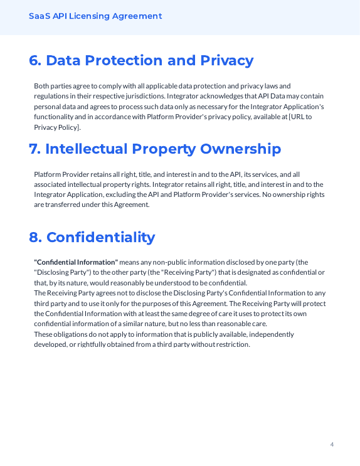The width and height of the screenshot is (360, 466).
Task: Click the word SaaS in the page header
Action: pyautogui.click(x=40, y=16)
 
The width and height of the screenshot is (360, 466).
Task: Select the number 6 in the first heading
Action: pyautogui.click(x=34, y=61)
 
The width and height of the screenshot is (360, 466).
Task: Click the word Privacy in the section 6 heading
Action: pyautogui.click(x=226, y=61)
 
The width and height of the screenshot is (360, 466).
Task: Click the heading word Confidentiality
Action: pyautogui.click(x=100, y=238)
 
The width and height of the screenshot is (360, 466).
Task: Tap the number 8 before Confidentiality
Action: pyautogui.click(x=34, y=238)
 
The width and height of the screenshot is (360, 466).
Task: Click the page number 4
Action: pyautogui.click(x=332, y=445)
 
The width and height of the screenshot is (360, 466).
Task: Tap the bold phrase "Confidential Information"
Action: pyautogui.click(x=76, y=262)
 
